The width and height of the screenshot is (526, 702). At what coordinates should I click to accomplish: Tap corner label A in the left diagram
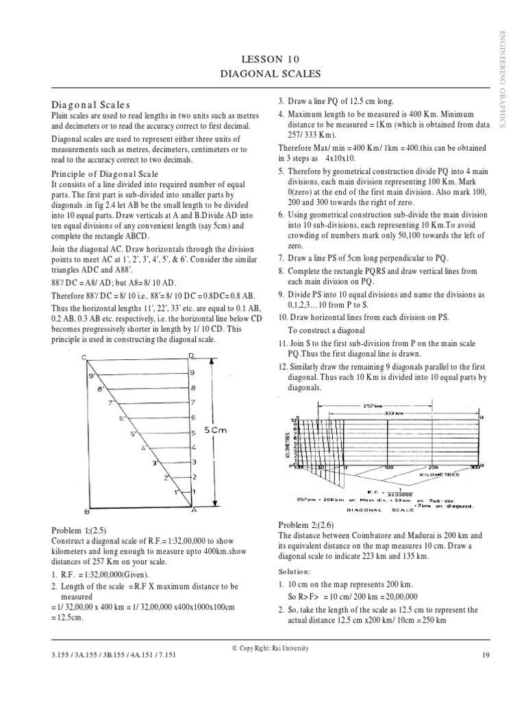tap(193, 511)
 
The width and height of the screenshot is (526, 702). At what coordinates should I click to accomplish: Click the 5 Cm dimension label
tap(218, 430)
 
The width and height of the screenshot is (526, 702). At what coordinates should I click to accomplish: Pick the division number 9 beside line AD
tap(192, 372)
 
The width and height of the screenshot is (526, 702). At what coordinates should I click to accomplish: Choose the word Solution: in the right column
tap(295, 571)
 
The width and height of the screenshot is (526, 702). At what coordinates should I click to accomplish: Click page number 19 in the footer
tap(486, 655)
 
